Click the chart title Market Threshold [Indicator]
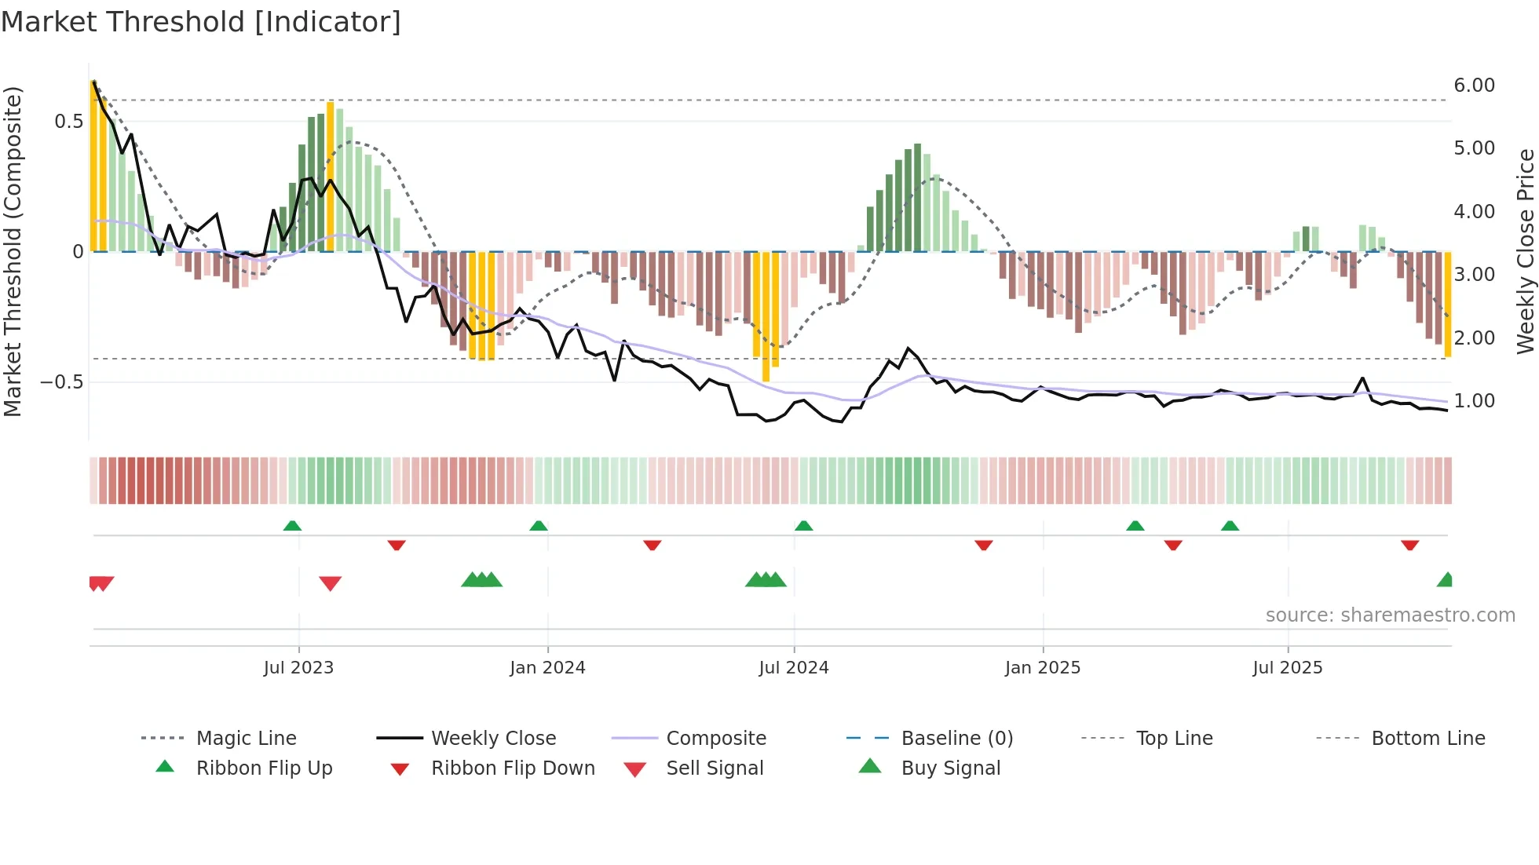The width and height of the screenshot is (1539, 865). (201, 22)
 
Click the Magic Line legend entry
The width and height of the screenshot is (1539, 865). (246, 739)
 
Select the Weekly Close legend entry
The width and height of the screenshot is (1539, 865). (493, 739)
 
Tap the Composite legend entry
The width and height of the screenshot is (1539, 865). (715, 739)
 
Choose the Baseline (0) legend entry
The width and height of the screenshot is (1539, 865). (956, 739)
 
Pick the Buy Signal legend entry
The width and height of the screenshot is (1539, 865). (950, 768)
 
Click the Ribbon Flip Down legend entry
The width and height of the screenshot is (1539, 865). (512, 768)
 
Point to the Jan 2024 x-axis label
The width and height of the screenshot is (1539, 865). (547, 668)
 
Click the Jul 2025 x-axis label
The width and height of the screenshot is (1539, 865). (1287, 668)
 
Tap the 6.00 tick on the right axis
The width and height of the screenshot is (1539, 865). (1474, 86)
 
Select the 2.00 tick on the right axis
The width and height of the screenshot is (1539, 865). (1474, 338)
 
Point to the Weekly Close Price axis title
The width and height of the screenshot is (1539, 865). (1525, 251)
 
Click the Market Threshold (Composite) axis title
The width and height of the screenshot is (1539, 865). (13, 251)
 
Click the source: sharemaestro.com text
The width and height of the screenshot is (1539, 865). (1390, 615)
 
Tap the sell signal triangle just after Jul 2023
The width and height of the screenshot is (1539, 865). (331, 583)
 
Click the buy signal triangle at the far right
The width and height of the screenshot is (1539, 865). (1446, 580)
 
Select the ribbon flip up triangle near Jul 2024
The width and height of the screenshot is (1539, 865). (803, 526)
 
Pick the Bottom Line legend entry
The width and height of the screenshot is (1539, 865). (1428, 739)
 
